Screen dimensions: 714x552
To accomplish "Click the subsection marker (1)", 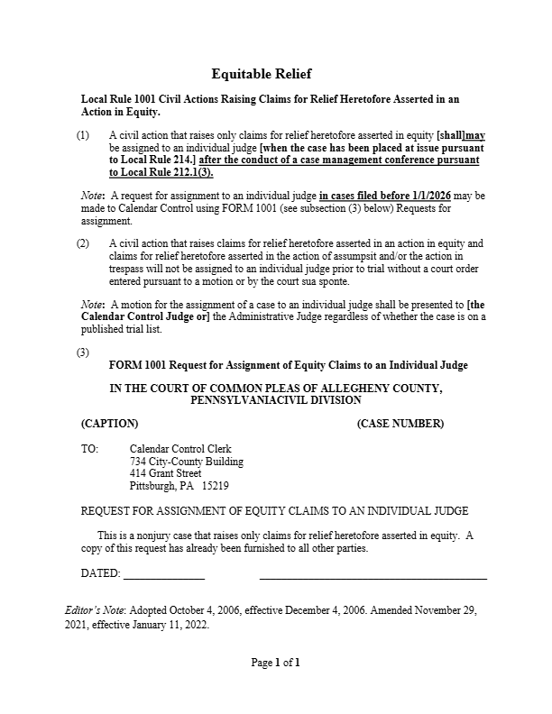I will (83, 134).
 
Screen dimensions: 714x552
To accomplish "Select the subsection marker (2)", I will (83, 243).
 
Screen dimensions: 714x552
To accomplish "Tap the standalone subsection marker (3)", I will (83, 352).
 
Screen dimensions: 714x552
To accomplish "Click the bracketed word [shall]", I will (450, 134).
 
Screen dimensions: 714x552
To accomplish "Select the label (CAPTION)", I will (109, 423).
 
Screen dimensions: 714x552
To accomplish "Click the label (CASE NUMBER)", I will (400, 423).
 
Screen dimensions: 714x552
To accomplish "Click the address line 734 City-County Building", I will (186, 462).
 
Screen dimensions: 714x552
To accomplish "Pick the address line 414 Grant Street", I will (165, 473).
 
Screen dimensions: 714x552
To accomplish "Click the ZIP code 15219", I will (215, 486).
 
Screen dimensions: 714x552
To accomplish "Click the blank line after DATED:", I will (163, 576).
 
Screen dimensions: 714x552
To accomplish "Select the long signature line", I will (373, 576).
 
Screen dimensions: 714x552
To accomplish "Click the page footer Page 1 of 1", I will (275, 664).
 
